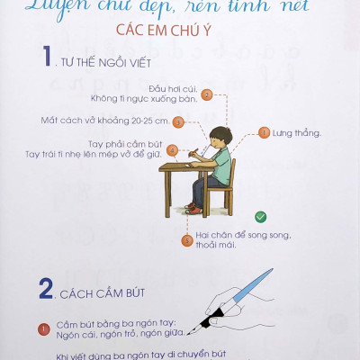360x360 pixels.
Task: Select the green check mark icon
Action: [259, 217]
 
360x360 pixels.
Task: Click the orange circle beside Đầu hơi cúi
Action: [207, 94]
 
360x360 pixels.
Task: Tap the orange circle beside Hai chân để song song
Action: [187, 240]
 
